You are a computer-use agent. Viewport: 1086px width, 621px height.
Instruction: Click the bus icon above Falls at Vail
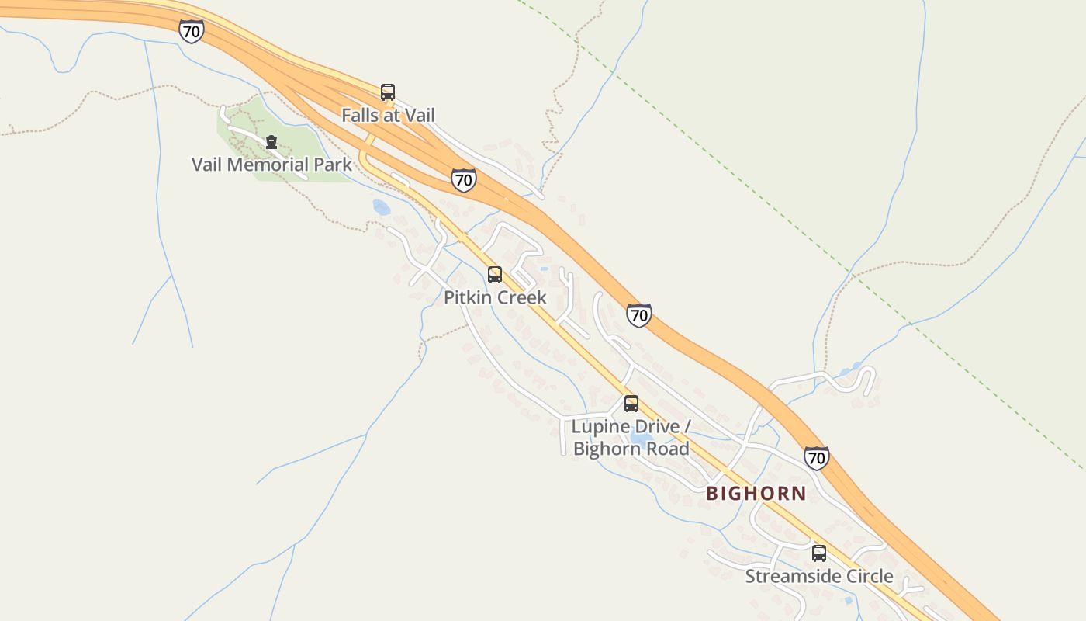[388, 92]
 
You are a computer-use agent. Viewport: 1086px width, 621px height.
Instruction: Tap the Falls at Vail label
[388, 116]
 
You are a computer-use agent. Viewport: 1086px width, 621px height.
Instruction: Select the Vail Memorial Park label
[271, 165]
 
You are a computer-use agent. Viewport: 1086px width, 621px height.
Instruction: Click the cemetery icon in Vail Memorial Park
[271, 143]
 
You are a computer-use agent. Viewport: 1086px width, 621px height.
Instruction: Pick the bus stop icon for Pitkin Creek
[495, 275]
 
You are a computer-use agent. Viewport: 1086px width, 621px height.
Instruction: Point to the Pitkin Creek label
[495, 297]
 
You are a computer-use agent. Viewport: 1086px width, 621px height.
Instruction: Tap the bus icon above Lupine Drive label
[631, 404]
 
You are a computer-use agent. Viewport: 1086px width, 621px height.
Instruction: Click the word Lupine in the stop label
[597, 427]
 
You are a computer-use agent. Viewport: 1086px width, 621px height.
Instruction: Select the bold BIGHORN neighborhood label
[756, 493]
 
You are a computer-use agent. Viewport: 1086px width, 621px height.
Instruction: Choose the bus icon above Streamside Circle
[819, 553]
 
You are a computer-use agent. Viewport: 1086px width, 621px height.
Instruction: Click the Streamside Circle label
[819, 577]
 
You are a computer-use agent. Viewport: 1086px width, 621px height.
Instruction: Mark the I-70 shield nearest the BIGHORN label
[816, 458]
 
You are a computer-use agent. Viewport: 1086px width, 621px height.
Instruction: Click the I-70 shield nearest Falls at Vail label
[464, 180]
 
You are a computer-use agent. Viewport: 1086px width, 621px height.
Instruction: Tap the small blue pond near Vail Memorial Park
[381, 206]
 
